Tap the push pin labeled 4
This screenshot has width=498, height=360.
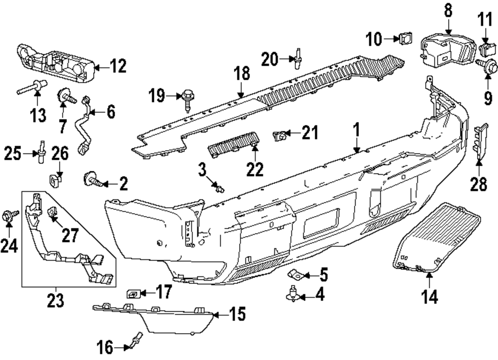pyautogui.click(x=293, y=295)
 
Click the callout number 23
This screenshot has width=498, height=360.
pyautogui.click(x=55, y=300)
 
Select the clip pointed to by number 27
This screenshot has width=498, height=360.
pyautogui.click(x=52, y=215)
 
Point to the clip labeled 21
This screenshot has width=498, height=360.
pyautogui.click(x=280, y=134)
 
